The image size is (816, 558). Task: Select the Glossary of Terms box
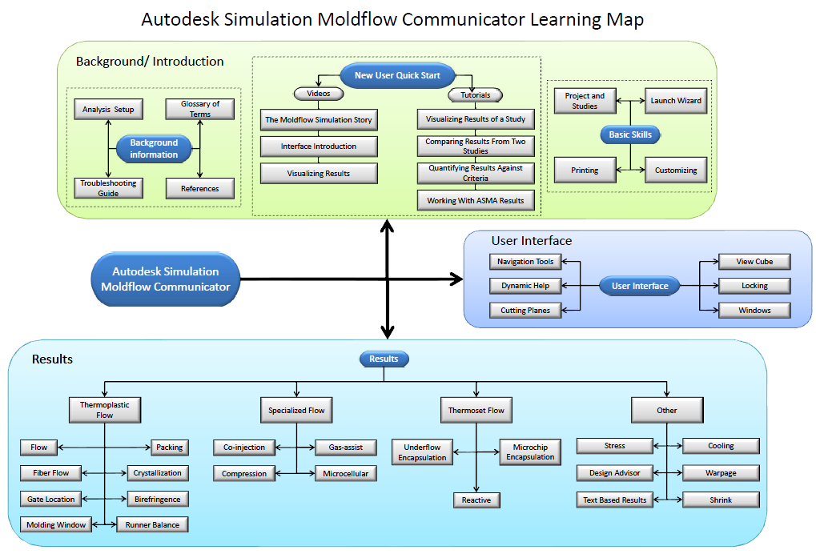pos(199,109)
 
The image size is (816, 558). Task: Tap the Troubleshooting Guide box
pos(108,188)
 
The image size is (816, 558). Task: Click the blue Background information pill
pos(154,149)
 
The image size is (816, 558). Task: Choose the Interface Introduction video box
pos(318,147)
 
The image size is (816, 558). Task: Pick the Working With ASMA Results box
pos(476,200)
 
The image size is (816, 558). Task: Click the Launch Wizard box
pos(675,101)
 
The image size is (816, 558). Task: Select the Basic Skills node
pos(630,135)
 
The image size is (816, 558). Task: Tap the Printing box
pos(585,170)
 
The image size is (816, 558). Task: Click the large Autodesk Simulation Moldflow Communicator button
pos(166,279)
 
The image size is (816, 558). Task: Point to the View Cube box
pos(754,262)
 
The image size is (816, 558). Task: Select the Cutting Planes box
pos(525,310)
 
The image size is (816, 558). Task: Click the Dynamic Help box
pos(525,286)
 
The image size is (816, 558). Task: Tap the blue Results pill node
pos(384,359)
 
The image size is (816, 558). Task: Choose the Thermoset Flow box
pos(476,411)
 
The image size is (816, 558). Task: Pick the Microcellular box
pos(345,473)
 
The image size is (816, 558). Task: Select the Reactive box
pos(476,500)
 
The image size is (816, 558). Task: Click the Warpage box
pos(721,473)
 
